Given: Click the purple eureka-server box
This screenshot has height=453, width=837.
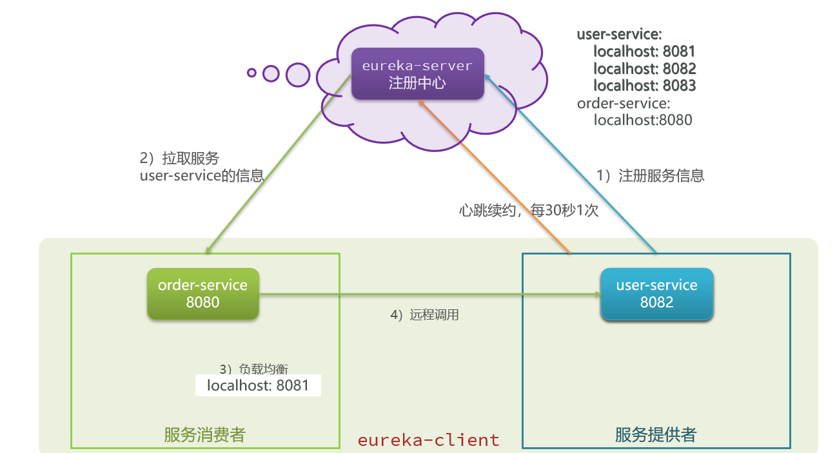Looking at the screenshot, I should (x=417, y=73).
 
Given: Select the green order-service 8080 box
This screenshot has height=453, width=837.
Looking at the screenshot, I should (x=202, y=293).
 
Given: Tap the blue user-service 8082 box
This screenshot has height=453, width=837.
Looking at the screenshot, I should (x=656, y=294).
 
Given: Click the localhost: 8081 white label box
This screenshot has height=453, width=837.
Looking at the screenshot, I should (x=258, y=386).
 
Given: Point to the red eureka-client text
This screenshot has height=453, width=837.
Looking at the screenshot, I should (x=428, y=440).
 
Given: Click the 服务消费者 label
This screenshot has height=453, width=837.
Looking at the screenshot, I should (x=204, y=435).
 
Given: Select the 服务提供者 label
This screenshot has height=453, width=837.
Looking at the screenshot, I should (x=655, y=435).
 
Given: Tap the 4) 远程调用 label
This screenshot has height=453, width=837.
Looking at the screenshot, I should (x=424, y=316).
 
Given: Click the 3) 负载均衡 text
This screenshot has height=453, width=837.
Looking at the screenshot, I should (x=253, y=369).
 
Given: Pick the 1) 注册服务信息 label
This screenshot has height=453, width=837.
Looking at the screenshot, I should (x=650, y=175).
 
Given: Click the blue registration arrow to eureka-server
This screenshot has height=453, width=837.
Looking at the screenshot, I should (x=574, y=168).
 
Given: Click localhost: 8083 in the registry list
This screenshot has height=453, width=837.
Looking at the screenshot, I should (x=644, y=86).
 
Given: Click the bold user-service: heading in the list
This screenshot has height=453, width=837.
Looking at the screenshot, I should (x=619, y=34).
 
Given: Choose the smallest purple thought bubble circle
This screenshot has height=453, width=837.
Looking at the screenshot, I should (x=251, y=73).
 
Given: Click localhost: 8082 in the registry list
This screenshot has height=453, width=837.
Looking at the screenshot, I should (x=644, y=68).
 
